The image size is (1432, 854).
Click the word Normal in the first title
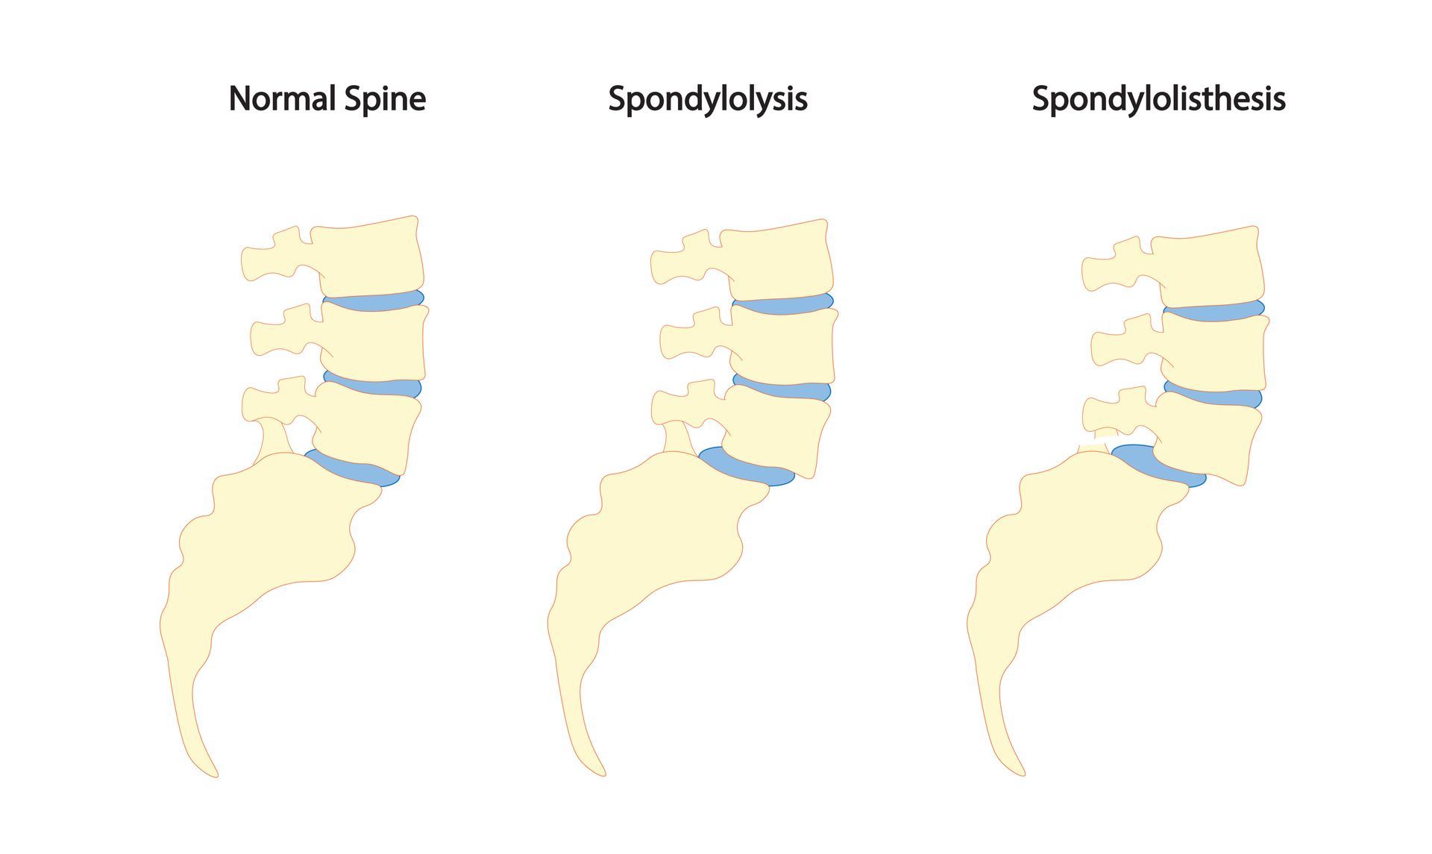281,98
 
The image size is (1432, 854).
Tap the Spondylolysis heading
707,99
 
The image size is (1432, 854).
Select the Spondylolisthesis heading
1158,99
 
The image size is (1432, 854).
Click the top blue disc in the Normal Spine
373,301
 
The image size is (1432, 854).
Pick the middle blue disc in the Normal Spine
373,386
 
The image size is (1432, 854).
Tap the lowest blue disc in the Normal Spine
354,468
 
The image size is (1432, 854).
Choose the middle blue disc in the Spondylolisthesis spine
1214,396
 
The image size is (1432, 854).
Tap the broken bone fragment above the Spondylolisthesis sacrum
1095,445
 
